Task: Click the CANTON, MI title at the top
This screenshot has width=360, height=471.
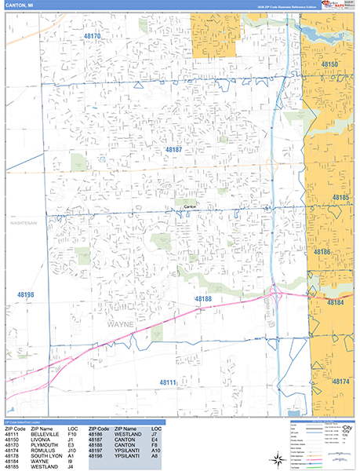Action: coord(19,5)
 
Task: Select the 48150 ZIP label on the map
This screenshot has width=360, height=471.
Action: coord(329,64)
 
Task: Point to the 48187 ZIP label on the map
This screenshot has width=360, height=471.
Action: coord(173,148)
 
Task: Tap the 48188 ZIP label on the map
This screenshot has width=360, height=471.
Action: coord(203,299)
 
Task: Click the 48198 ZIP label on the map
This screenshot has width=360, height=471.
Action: coord(26,294)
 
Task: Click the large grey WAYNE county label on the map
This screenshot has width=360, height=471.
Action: coord(115,322)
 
